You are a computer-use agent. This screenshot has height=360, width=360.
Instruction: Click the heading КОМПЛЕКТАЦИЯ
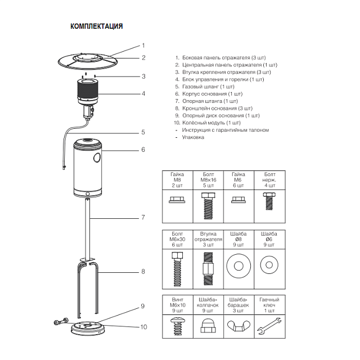point(96,26)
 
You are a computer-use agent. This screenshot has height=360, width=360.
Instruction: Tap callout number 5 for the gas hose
point(143,132)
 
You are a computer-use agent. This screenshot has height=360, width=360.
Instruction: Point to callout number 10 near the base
point(144,327)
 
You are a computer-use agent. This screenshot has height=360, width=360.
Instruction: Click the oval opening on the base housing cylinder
point(97,157)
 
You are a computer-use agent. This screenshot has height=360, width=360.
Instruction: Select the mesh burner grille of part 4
point(88,90)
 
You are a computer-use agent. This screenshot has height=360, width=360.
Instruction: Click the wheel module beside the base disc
point(61,322)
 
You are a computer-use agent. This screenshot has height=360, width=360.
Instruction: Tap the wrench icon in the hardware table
point(269,326)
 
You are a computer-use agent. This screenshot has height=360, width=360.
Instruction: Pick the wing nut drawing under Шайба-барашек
point(238,326)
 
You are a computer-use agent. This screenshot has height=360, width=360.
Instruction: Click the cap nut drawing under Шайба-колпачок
point(208,326)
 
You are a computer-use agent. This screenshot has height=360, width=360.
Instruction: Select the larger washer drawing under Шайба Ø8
point(238,266)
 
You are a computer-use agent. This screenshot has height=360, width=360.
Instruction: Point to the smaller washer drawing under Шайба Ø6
point(269,265)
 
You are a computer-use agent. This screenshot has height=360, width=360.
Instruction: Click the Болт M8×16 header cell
point(208,180)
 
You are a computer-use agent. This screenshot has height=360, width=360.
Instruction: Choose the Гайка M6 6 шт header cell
point(238,180)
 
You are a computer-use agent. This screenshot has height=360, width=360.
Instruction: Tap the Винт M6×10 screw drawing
point(178,326)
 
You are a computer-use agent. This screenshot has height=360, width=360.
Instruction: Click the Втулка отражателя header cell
point(208,240)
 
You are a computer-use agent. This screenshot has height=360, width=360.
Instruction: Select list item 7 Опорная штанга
point(206,101)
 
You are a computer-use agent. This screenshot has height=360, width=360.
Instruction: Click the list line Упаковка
point(190,137)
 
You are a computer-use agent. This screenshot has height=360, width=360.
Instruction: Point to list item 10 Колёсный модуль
point(208,123)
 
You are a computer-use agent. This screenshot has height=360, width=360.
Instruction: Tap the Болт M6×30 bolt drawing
point(178,269)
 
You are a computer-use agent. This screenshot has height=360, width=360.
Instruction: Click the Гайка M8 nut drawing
point(177,200)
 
